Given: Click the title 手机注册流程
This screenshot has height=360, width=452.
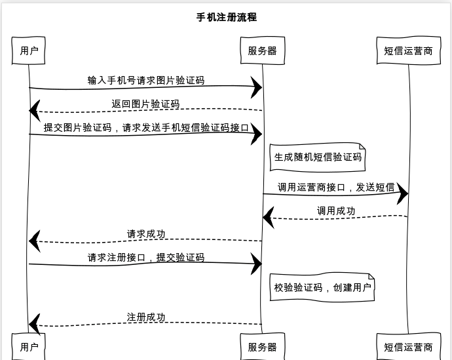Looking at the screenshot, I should [x=226, y=17].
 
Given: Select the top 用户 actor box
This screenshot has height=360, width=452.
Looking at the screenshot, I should [x=29, y=50].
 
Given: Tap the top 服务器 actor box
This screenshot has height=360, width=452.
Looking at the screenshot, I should [x=262, y=50].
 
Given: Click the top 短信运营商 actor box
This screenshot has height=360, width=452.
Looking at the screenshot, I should [x=408, y=50].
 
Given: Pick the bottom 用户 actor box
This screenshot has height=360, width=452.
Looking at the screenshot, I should [x=29, y=347].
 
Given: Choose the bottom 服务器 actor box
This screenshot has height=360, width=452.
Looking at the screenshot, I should [x=262, y=347].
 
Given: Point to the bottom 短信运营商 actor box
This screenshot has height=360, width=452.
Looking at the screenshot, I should [x=408, y=347].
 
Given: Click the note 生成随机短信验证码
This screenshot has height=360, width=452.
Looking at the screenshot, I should [x=318, y=157].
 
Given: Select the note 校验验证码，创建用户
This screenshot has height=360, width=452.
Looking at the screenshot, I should [x=322, y=287].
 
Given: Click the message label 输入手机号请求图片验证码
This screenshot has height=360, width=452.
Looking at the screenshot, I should [x=145, y=81].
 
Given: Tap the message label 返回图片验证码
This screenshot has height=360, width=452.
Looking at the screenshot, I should [x=145, y=104].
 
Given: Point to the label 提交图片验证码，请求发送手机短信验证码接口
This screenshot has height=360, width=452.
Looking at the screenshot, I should [x=146, y=128].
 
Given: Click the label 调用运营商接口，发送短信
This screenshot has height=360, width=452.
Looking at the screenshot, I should [x=336, y=188].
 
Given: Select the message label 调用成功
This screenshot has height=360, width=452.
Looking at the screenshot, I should [x=336, y=210].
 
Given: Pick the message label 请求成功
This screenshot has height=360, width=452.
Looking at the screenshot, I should [x=146, y=233].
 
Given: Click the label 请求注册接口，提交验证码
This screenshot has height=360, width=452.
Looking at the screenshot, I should [x=146, y=258].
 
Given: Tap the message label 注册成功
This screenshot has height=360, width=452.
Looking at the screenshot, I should [x=146, y=317].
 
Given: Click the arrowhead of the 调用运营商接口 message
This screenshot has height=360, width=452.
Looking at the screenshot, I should [x=402, y=193].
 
